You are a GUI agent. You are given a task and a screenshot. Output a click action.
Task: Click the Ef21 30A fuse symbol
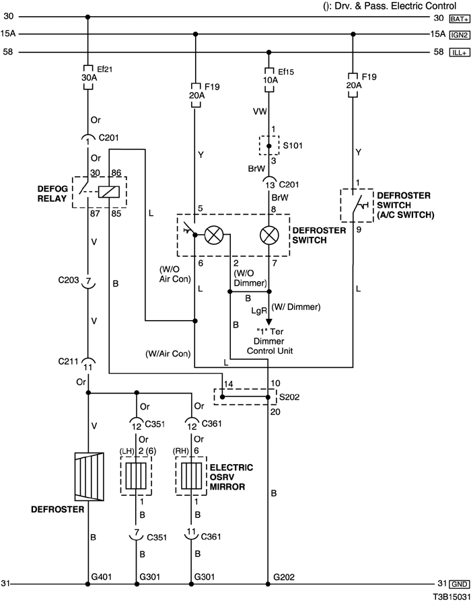(x=88, y=77)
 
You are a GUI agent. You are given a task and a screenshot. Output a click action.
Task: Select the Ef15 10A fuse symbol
(x=269, y=80)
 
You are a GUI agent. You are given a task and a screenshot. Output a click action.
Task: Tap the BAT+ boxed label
(x=460, y=18)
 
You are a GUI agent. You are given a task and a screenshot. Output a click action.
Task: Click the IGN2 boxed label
(x=460, y=35)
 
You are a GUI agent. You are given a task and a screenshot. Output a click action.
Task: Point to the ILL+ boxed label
(x=460, y=52)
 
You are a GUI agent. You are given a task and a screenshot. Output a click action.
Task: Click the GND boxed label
(x=460, y=584)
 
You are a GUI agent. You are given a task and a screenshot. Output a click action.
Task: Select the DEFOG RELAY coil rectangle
(x=109, y=192)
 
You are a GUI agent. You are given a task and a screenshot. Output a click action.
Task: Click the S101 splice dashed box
(x=269, y=145)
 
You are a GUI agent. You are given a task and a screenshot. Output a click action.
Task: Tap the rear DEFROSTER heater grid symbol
(x=89, y=476)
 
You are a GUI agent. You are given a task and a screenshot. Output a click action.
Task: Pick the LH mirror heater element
(x=136, y=476)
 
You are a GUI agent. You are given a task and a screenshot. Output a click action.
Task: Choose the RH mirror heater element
(x=191, y=476)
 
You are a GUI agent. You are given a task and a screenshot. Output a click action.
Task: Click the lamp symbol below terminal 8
(x=269, y=235)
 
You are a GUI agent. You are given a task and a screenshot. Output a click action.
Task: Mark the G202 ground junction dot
(x=268, y=584)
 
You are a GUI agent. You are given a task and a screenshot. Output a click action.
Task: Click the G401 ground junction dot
(x=88, y=584)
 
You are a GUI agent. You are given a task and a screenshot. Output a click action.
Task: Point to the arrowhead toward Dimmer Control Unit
(x=269, y=322)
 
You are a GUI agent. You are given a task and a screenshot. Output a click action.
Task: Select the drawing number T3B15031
(x=451, y=597)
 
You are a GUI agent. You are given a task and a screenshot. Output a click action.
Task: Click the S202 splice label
(x=289, y=397)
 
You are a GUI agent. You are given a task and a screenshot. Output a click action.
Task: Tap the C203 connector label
(x=69, y=280)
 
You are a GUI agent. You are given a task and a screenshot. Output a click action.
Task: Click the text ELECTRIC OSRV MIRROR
(x=231, y=477)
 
